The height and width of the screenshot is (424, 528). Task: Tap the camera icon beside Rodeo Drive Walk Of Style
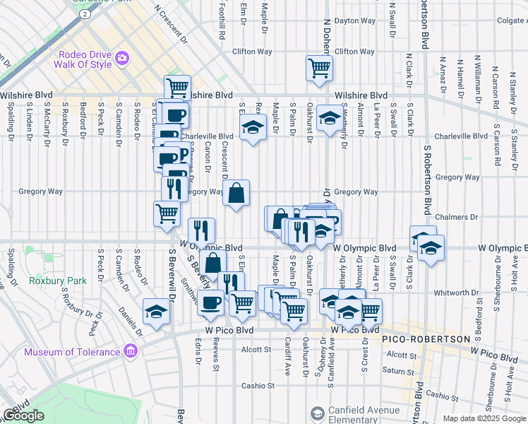pyautogui.click(x=121, y=57)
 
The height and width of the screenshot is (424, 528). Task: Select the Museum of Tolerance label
pyautogui.click(x=72, y=352)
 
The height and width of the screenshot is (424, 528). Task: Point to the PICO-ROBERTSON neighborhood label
pyautogui.click(x=426, y=339)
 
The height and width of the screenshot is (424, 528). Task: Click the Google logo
pyautogui.click(x=23, y=416)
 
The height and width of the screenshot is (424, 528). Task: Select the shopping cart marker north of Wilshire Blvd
pyautogui.click(x=319, y=69)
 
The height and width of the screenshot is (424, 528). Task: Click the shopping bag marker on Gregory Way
pyautogui.click(x=236, y=192)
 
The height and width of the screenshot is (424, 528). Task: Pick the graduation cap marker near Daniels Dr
pyautogui.click(x=155, y=311)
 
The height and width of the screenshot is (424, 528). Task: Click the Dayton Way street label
pyautogui.click(x=356, y=21)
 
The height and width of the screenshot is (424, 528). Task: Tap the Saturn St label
pyautogui.click(x=399, y=370)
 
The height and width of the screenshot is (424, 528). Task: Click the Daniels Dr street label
pyautogui.click(x=131, y=319)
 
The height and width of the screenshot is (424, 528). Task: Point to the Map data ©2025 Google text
pyautogui.click(x=484, y=418)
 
